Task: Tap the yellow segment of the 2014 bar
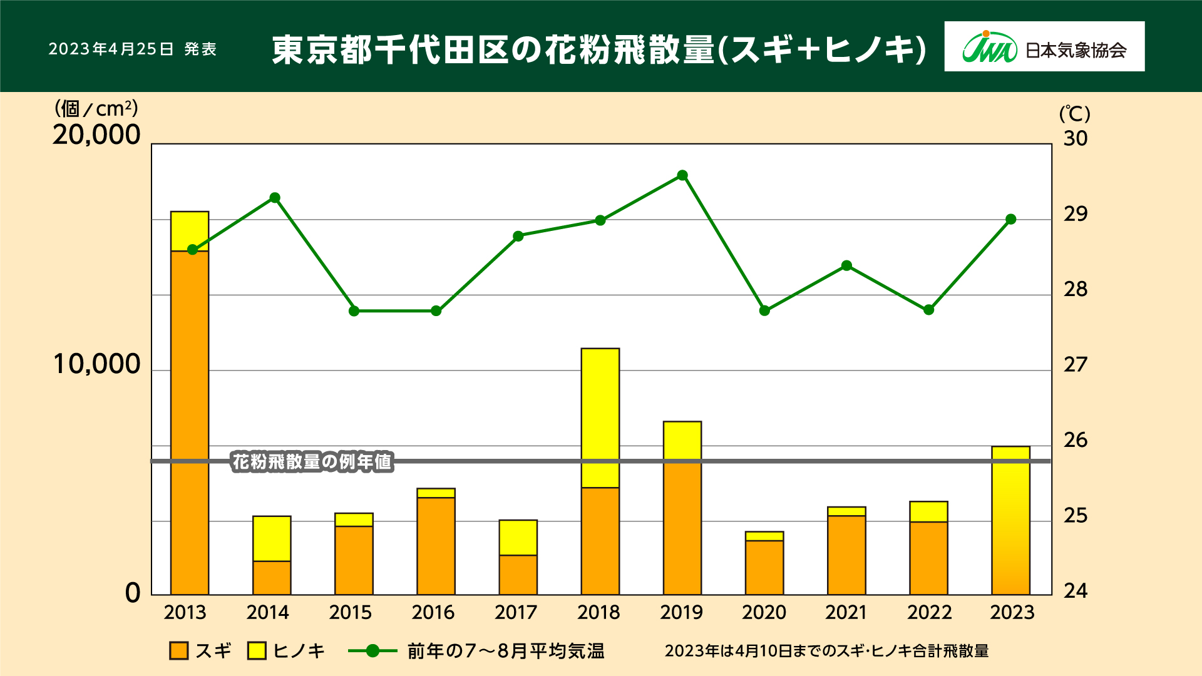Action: coord(272,538)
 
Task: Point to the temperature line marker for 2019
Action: coord(682,175)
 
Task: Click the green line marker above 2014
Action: coord(274,198)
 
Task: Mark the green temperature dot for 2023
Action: coord(1010,220)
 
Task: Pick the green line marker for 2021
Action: coord(846,265)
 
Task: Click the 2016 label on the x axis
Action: coord(433,612)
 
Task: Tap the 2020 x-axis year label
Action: coord(764,612)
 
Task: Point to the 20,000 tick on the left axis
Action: coord(96,135)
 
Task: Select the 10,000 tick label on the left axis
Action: coord(96,364)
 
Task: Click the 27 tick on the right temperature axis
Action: coord(1076,364)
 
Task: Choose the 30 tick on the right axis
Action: coord(1076,138)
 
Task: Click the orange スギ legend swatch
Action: coord(179,651)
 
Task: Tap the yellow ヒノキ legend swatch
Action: coord(257,651)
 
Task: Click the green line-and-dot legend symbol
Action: coord(372,651)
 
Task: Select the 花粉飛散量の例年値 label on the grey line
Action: coord(312,462)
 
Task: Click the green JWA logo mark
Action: coord(989,48)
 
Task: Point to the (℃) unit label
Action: coord(1074,114)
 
